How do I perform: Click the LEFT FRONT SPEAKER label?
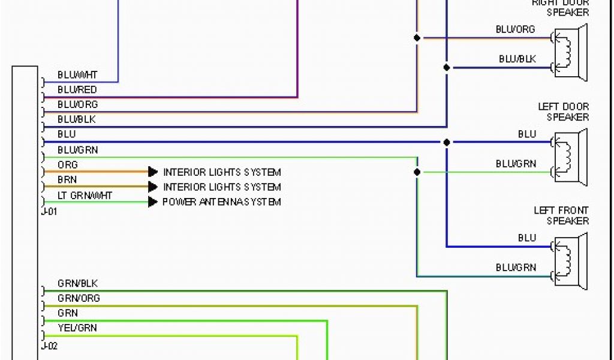pyautogui.click(x=561, y=215)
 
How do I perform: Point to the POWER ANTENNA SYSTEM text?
pyautogui.click(x=221, y=202)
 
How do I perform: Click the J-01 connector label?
pyautogui.click(x=49, y=211)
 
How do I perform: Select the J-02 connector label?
pyautogui.click(x=49, y=346)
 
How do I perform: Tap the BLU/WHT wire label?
pyautogui.click(x=77, y=75)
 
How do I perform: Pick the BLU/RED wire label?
pyautogui.click(x=77, y=90)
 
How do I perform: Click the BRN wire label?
pyautogui.click(x=67, y=179)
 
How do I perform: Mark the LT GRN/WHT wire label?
pyautogui.click(x=85, y=195)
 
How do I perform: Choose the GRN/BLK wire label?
pyautogui.click(x=77, y=283)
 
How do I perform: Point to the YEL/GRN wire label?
pyautogui.click(x=77, y=328)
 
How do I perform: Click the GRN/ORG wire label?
pyautogui.click(x=79, y=298)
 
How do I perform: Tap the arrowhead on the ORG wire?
pyautogui.click(x=153, y=172)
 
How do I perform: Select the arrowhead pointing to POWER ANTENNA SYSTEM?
pyautogui.click(x=153, y=202)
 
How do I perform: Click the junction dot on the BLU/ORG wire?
pyautogui.click(x=417, y=38)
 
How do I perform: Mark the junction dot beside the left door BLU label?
pyautogui.click(x=447, y=142)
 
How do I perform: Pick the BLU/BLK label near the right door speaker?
pyautogui.click(x=517, y=59)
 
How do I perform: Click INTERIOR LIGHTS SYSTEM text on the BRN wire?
pyautogui.click(x=222, y=187)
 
